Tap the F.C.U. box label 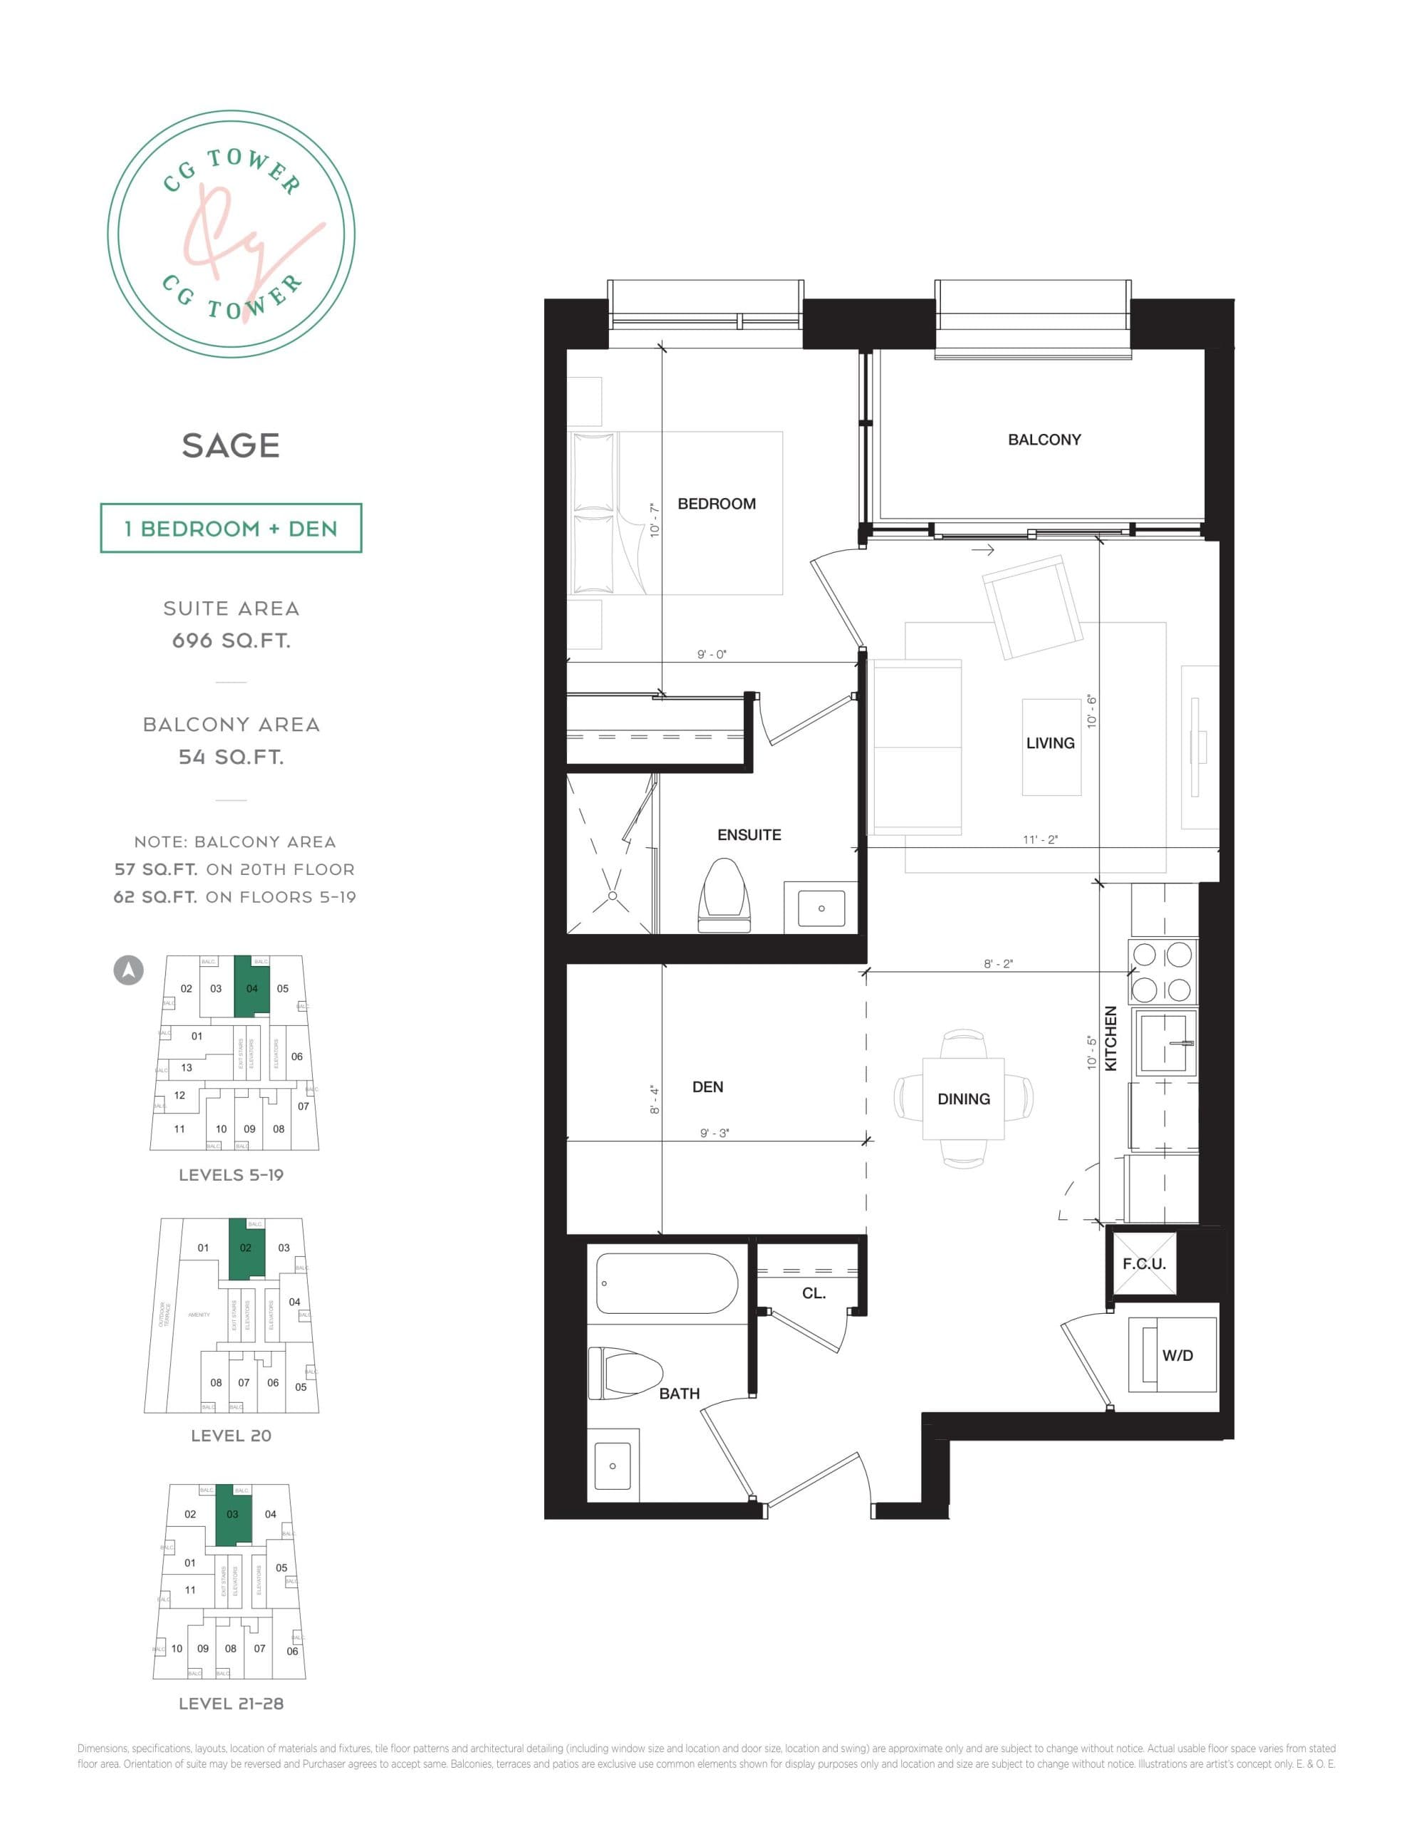tap(1143, 1263)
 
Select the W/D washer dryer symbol tap(1172, 1354)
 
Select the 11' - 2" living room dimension tap(1040, 839)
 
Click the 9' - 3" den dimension tap(714, 1134)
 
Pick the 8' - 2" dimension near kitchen tap(997, 964)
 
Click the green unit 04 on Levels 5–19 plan tap(251, 987)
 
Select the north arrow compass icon tap(129, 970)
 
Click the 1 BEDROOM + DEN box tap(231, 528)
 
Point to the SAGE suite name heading tap(231, 445)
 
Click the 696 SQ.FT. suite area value tap(231, 641)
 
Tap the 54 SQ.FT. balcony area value tap(231, 757)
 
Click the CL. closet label tap(813, 1293)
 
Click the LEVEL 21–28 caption tap(231, 1703)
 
